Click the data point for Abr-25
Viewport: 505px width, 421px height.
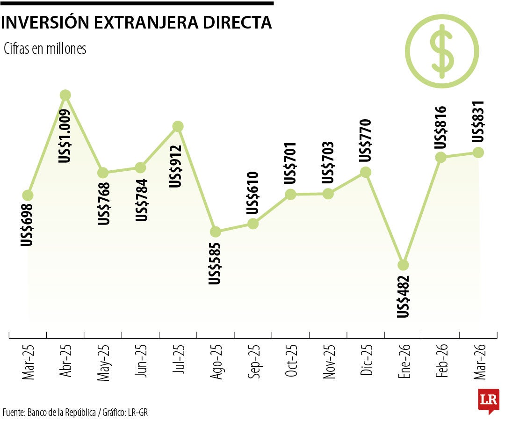coord(65,95)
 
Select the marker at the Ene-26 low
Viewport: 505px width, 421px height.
coord(403,265)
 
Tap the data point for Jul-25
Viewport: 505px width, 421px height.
coord(178,126)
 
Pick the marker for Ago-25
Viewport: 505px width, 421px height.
coord(215,232)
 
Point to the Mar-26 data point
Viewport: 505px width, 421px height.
coord(478,152)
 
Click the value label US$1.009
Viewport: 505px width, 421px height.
coord(65,136)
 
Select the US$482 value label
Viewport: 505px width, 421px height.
coord(403,297)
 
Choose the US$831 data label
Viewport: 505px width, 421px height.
coord(478,123)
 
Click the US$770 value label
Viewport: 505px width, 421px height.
coord(365,140)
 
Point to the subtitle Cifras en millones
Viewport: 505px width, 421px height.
coord(45,49)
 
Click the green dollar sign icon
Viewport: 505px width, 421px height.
coord(442,51)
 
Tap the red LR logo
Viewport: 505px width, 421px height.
coord(488,400)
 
